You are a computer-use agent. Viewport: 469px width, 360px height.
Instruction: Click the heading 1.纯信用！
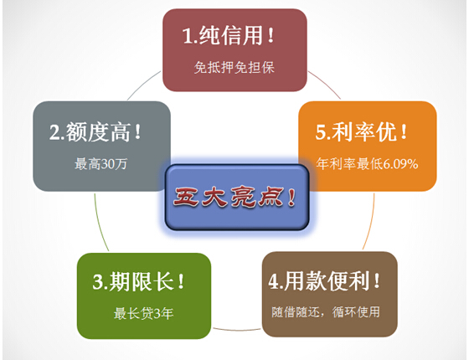[x=228, y=35]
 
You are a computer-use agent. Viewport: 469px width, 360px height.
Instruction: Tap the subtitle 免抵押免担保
[x=234, y=67]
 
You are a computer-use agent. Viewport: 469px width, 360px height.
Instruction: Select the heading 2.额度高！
[x=95, y=132]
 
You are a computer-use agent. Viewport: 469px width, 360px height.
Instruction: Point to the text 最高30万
[x=100, y=164]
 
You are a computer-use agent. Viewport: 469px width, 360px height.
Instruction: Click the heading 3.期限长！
[x=138, y=281]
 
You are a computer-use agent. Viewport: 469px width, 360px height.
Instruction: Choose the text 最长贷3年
[x=143, y=314]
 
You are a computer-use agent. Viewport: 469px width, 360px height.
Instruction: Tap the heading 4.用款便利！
[x=324, y=281]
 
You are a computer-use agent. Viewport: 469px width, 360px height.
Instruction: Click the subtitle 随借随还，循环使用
[x=326, y=312]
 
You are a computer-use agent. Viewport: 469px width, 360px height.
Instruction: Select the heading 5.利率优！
[x=361, y=132]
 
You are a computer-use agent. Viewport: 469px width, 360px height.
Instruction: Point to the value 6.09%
[x=400, y=164]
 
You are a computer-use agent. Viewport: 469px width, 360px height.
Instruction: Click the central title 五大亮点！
[x=234, y=197]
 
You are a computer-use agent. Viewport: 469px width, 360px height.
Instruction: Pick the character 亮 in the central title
[x=244, y=197]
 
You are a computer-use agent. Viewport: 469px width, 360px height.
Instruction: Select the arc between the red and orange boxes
[x=326, y=84]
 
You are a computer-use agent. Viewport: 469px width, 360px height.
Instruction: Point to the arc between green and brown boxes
[x=236, y=330]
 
